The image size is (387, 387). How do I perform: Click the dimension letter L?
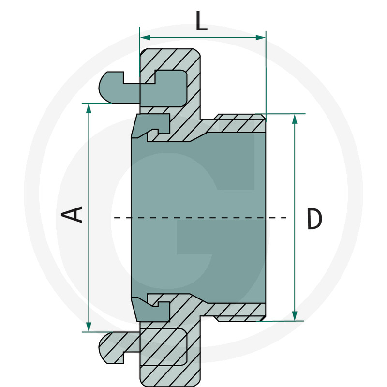coord(201,21)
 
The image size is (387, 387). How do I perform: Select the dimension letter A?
coord(74,214)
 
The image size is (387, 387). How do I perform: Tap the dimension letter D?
coord(314,219)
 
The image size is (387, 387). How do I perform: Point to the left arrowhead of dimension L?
coord(144,37)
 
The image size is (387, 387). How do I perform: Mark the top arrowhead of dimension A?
coord(89,108)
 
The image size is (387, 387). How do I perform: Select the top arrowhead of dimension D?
coord(295,119)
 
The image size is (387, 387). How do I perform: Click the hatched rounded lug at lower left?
coord(114,348)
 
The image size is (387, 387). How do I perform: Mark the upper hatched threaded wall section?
coord(237,124)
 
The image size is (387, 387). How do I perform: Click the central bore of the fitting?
coord(198,193)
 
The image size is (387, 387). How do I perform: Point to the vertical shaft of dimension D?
coord(295,169)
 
